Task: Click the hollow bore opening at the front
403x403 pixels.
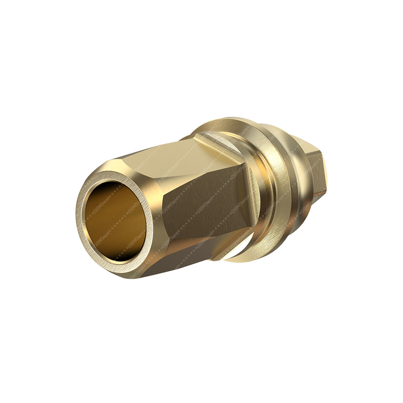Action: tap(116, 220)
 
